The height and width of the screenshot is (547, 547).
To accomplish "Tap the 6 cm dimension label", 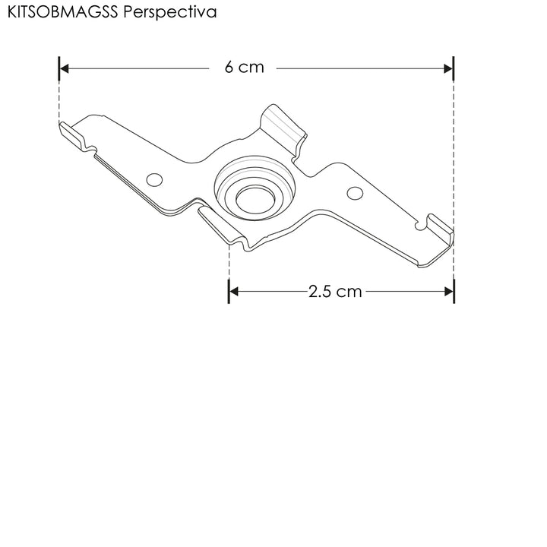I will point(244,67).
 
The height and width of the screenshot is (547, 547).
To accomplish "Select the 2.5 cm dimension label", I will point(335,291).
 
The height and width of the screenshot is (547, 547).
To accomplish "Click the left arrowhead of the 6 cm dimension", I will point(65,68).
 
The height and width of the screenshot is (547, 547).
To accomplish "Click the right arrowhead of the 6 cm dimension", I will point(448,68).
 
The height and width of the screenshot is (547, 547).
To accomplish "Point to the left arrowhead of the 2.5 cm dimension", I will point(234,291).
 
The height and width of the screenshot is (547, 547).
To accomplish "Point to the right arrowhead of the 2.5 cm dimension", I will point(448,291).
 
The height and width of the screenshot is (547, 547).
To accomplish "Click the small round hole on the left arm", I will point(155,179).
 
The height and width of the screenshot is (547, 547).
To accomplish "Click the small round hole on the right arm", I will point(355,193).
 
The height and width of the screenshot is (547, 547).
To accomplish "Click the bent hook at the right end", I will point(439,226).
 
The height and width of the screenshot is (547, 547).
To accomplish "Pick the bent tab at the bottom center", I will point(223,226).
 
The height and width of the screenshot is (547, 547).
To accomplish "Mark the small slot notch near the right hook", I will point(419,226).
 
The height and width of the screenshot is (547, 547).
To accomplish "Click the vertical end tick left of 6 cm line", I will point(58,68).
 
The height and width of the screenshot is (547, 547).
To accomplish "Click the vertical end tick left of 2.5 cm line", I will point(229,291).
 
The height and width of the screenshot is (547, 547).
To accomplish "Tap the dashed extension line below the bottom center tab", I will point(229,262).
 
